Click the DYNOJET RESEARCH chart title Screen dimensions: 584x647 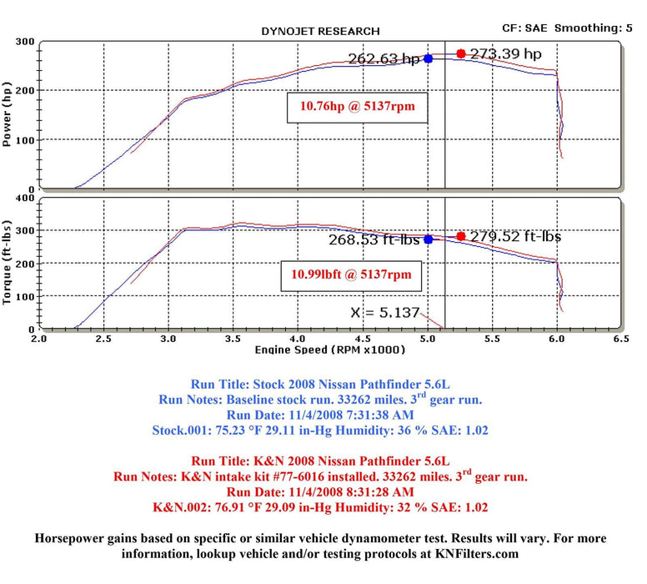pyautogui.click(x=320, y=31)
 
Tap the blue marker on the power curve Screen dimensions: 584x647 pyautogui.click(x=429, y=58)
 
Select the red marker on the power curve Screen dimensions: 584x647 pyautogui.click(x=461, y=53)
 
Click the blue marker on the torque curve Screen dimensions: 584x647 pyautogui.click(x=429, y=239)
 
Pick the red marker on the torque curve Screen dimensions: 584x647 pyautogui.click(x=461, y=236)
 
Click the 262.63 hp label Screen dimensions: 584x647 pyautogui.click(x=385, y=59)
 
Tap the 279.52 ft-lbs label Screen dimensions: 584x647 pyautogui.click(x=514, y=236)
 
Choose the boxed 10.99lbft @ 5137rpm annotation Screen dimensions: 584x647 pyautogui.click(x=351, y=273)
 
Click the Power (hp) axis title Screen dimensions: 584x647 pyautogui.click(x=9, y=114)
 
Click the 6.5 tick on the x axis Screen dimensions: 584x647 pyautogui.click(x=620, y=340)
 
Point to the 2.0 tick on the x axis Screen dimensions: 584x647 pyautogui.click(x=38, y=340)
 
